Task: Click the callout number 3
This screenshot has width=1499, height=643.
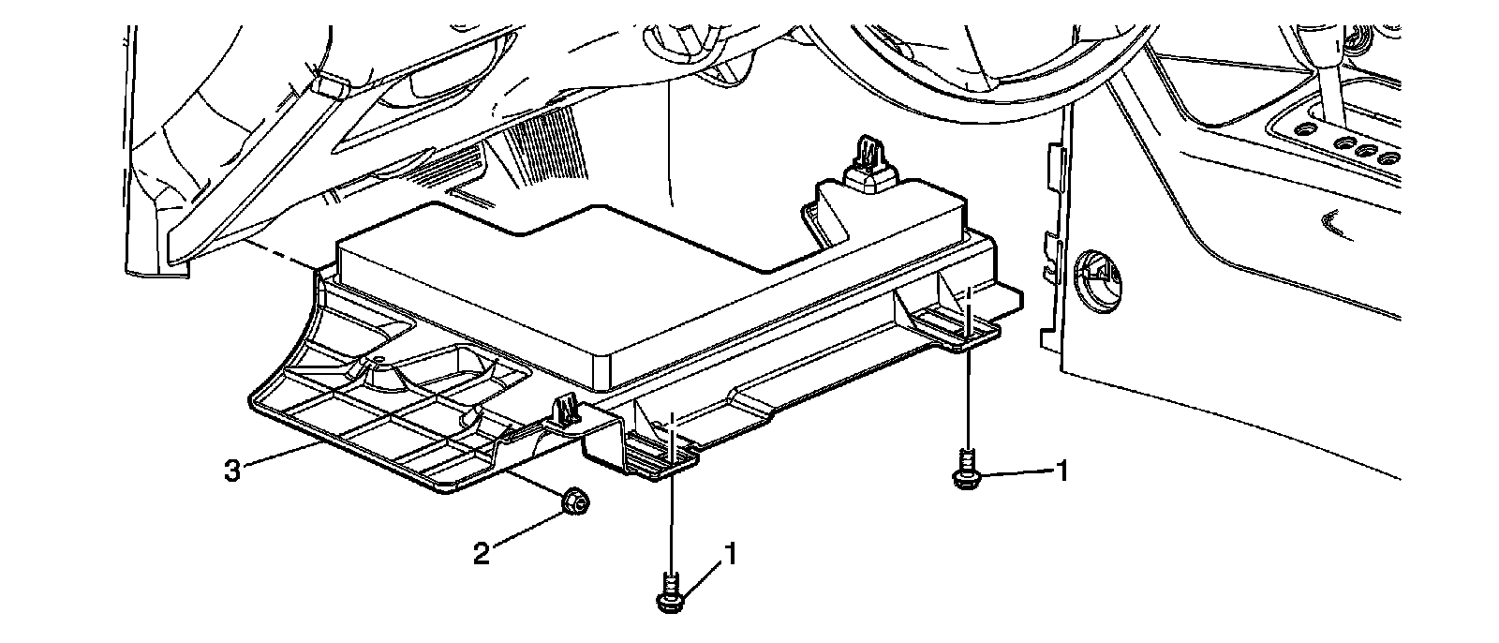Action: [232, 471]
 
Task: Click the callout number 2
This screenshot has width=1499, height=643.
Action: [481, 554]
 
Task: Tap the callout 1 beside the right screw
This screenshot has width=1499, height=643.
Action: [1061, 470]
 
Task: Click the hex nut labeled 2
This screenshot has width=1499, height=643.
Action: [574, 504]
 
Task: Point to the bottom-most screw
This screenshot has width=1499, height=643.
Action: [668, 596]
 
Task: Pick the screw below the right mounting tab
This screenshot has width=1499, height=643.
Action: [964, 469]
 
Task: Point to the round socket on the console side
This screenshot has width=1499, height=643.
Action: [1097, 276]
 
